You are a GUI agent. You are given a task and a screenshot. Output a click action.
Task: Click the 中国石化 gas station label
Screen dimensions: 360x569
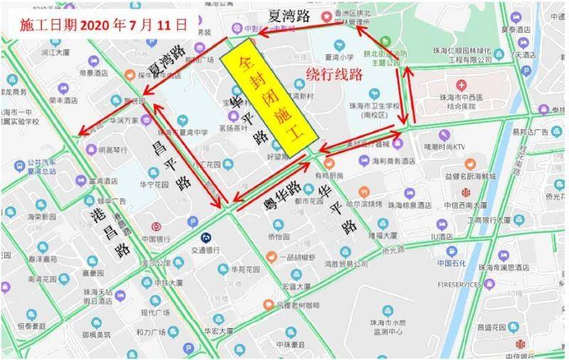[451, 263]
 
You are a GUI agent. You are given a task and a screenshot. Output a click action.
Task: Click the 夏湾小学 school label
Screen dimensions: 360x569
[339, 55]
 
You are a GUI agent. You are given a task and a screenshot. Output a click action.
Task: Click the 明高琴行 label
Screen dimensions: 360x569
[112, 150]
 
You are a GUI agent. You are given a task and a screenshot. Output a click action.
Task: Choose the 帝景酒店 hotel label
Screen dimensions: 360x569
[92, 73]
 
